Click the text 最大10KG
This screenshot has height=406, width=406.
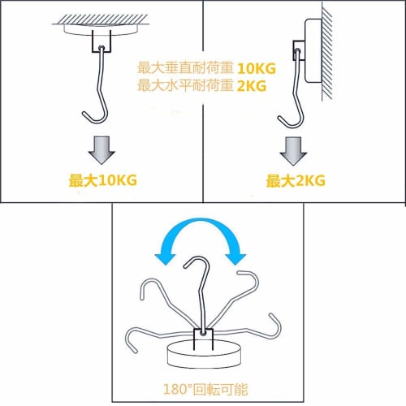pyautogui.click(x=101, y=180)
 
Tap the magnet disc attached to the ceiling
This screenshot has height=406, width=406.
pyautogui.click(x=101, y=29)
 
